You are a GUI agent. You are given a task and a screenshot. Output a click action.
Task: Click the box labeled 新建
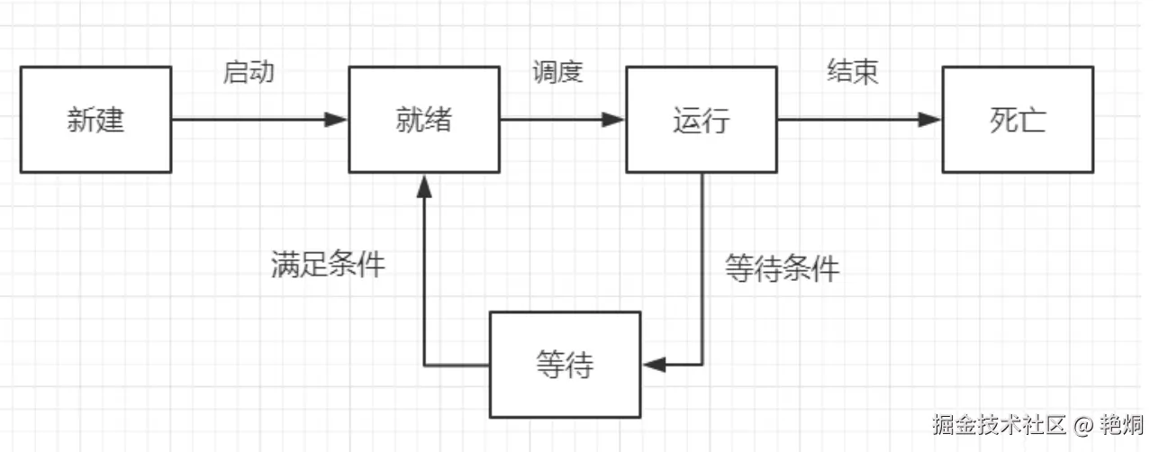95,120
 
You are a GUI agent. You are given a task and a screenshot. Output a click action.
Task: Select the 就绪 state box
423,120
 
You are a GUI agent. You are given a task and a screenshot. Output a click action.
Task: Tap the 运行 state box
701,120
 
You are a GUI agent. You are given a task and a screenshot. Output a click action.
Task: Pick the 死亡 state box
1018,120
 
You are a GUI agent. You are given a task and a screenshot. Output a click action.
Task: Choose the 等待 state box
565,365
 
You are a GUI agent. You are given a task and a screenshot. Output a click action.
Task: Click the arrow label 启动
248,72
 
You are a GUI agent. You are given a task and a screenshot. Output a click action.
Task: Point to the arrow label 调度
557,72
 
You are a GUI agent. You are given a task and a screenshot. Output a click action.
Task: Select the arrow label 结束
852,72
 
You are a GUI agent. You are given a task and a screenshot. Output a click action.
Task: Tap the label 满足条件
328,264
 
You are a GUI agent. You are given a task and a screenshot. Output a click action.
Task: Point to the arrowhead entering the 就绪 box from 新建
338,120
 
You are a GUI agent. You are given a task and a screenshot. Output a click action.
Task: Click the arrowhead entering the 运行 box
615,120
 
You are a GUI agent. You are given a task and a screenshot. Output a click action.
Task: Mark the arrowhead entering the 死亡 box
931,120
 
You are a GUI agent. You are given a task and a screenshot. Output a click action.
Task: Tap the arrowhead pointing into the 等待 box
654,365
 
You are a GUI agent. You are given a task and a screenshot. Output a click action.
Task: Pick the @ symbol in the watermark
1084,423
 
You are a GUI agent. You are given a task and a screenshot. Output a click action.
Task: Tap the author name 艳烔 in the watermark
1122,423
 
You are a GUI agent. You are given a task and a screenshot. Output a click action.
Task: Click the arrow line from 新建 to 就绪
252,120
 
